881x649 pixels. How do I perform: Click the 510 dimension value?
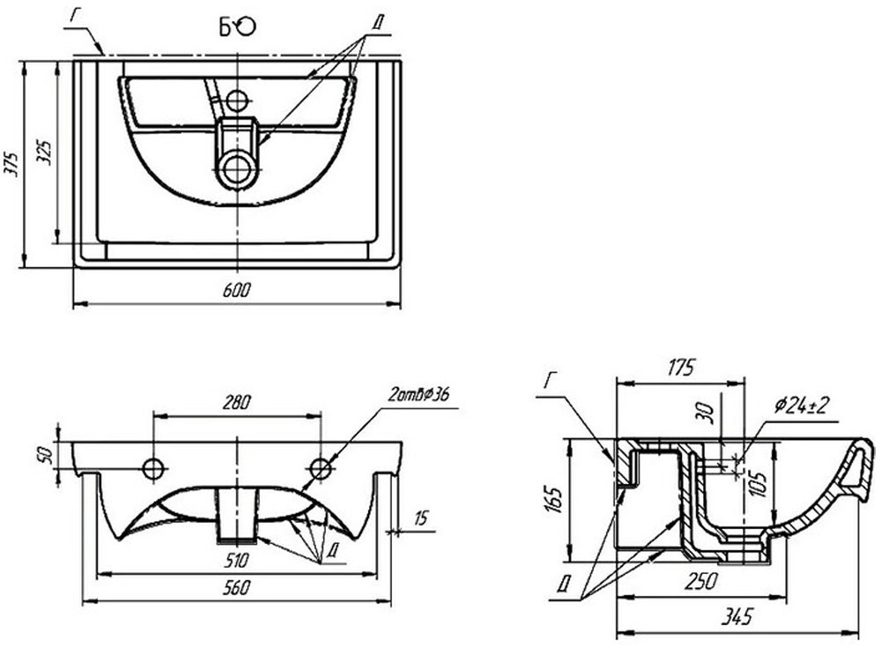[x=236, y=559]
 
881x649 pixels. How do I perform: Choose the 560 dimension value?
[x=236, y=587]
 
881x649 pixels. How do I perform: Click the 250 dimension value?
[x=700, y=581]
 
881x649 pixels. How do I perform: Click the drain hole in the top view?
[x=237, y=168]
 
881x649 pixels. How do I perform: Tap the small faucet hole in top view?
[x=236, y=99]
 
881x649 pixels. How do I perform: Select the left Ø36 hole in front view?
[x=153, y=467]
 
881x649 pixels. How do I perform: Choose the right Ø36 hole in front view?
[x=321, y=467]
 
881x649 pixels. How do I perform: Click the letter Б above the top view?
[x=226, y=28]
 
